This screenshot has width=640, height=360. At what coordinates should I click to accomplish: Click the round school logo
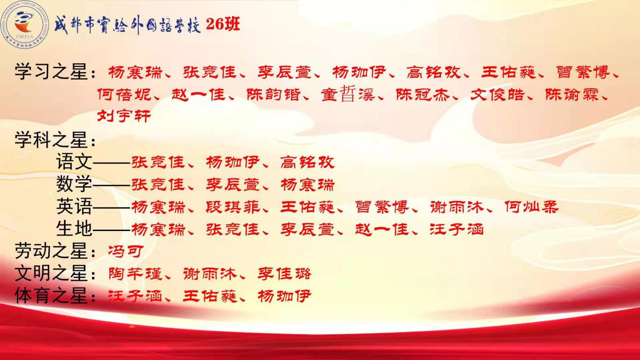25,25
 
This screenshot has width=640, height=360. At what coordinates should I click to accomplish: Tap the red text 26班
223,24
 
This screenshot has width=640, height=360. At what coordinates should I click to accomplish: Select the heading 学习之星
51,72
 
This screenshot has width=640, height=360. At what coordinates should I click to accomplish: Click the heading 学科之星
51,140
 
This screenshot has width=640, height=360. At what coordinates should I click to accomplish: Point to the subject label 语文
74,162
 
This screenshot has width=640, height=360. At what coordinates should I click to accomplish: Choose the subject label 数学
74,184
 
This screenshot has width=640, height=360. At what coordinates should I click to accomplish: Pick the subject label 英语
74,206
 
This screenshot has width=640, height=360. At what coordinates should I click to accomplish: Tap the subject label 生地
74,229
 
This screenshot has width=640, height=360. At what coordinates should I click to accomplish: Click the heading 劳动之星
51,251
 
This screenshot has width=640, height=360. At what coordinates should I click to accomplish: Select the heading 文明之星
51,273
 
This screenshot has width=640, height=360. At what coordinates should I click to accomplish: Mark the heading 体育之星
51,296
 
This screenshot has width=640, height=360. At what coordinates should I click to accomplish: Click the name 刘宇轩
124,116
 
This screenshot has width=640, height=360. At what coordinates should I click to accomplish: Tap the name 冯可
126,252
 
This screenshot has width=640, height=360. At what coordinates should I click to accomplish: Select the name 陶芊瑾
135,274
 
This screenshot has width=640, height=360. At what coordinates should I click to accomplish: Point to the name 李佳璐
284,274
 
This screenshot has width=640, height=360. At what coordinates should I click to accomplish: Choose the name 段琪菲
233,207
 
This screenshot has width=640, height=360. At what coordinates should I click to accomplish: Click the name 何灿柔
531,207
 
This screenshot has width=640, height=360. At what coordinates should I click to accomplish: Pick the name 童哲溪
348,94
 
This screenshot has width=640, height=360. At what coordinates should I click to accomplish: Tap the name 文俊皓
497,95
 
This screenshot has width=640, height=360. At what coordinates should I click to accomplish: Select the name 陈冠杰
423,95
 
